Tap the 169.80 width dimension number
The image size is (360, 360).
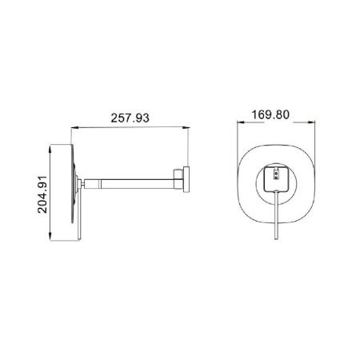tap(270, 114)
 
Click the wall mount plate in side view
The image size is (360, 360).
tap(185, 180)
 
